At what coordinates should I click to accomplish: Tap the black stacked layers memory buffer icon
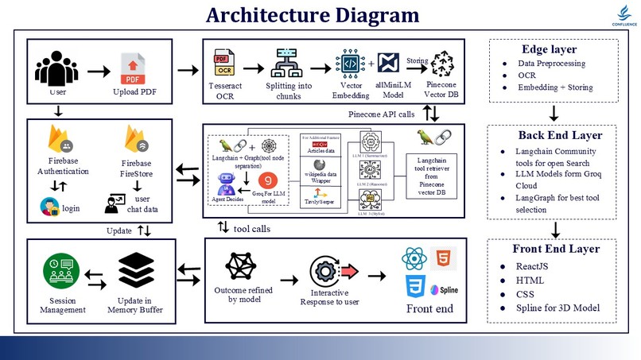(x=137, y=272)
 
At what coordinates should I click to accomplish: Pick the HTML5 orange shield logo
(x=442, y=259)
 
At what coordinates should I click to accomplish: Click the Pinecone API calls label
(x=381, y=114)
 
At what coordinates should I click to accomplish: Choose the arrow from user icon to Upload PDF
(x=99, y=72)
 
